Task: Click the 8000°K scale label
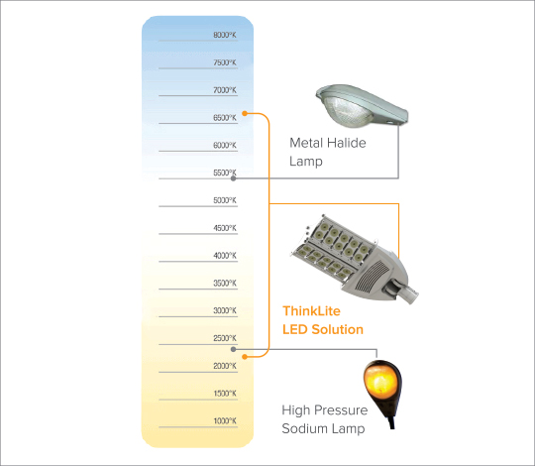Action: tap(225, 35)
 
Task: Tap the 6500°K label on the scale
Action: tap(225, 118)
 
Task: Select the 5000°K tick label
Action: tap(225, 200)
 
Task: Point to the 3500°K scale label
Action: tap(225, 283)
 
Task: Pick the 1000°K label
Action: tap(225, 421)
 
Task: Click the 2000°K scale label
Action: tap(225, 366)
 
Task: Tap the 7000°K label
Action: tap(225, 90)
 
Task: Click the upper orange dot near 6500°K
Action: tap(245, 113)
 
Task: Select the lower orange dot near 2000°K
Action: tap(245, 357)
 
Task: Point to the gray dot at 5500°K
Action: tap(234, 178)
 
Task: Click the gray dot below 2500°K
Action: tap(234, 349)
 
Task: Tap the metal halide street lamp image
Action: tap(362, 106)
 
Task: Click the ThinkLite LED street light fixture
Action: tap(355, 260)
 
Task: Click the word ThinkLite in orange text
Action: tap(311, 311)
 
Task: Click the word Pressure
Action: tap(342, 410)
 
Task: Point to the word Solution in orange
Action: tap(338, 329)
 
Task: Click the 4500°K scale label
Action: tap(225, 228)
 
